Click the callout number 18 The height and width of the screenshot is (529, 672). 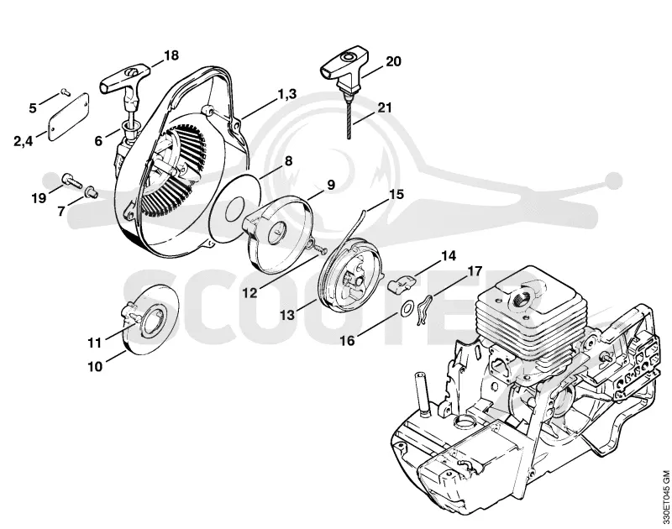point(171,55)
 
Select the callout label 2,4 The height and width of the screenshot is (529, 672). point(24,140)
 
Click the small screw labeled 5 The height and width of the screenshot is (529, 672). point(65,91)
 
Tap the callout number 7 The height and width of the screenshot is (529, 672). point(61,211)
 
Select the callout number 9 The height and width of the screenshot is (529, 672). point(330,185)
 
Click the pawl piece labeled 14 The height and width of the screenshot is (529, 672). point(402,283)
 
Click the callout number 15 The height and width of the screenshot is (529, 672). point(396,194)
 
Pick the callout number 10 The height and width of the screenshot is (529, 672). point(95,367)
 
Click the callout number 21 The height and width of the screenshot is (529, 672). point(385,107)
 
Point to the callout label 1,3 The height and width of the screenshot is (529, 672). point(287,94)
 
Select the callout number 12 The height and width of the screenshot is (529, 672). point(249,293)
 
